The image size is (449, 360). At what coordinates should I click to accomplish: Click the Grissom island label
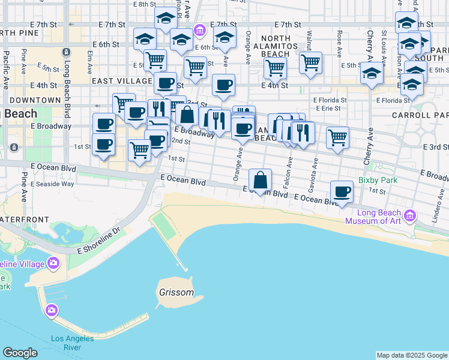(176, 293)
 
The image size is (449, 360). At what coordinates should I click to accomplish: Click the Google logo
(20, 353)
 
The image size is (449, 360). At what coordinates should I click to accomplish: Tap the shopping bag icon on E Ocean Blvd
(261, 180)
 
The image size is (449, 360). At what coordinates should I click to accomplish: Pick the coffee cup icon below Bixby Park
(342, 192)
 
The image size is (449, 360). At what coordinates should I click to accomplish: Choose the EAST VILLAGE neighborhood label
(122, 80)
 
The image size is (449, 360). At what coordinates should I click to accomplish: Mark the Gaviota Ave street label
(312, 172)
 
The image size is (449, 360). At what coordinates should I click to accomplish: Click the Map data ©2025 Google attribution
(412, 355)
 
